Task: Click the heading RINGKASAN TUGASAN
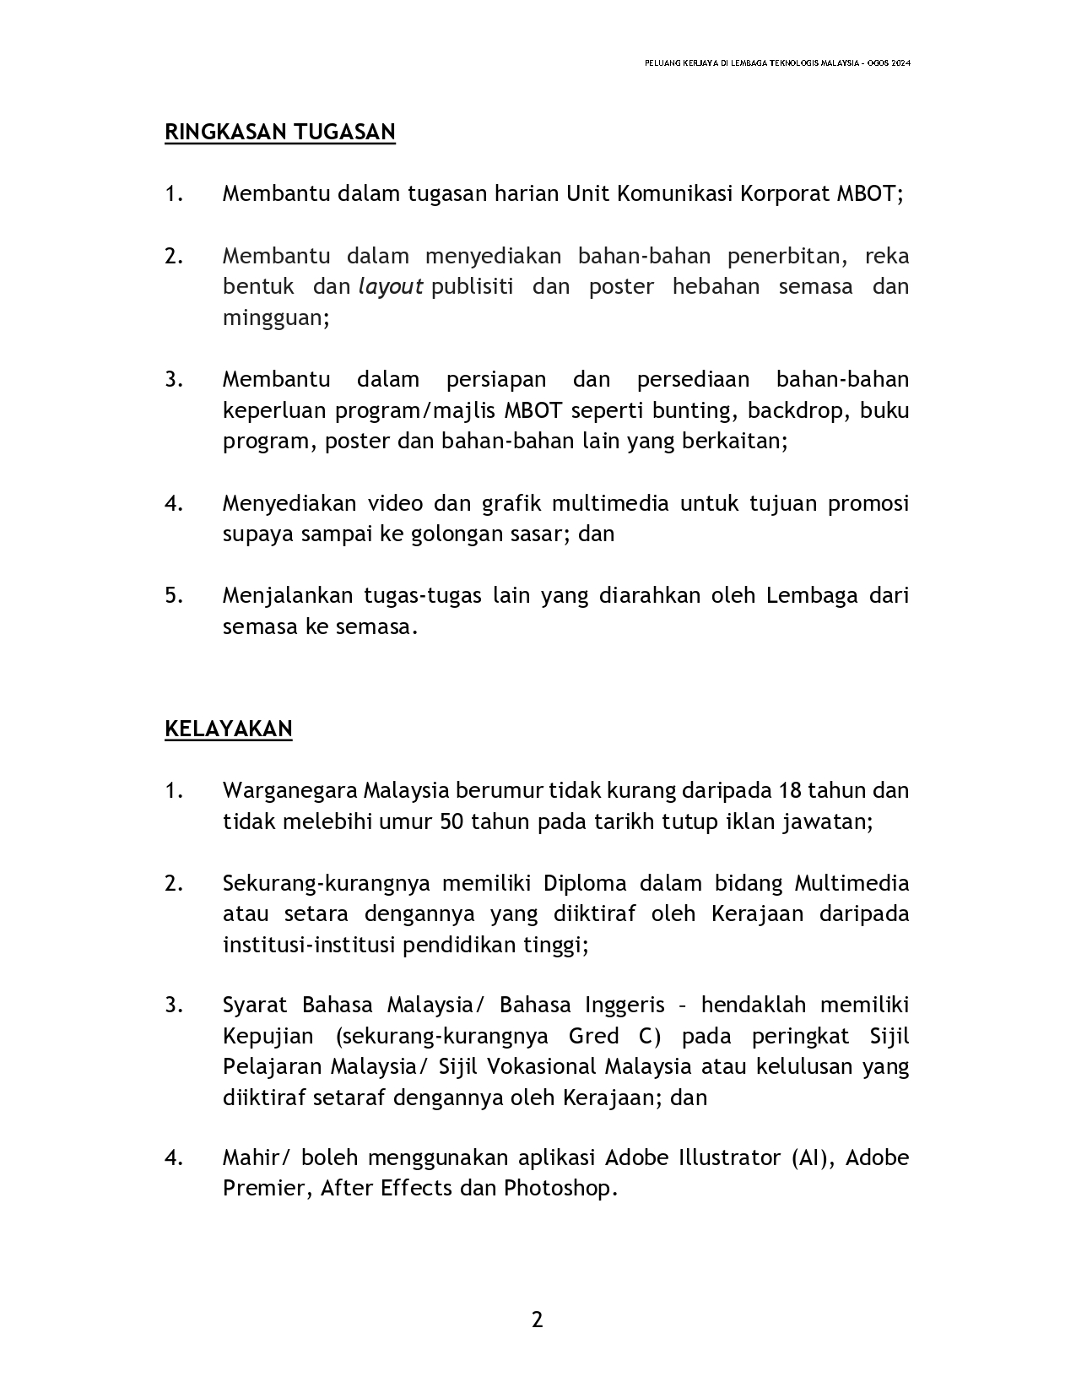pyautogui.click(x=279, y=133)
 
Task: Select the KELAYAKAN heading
pyautogui.click(x=228, y=729)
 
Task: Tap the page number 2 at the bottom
pyautogui.click(x=538, y=1320)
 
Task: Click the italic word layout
pyautogui.click(x=391, y=287)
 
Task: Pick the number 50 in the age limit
pyautogui.click(x=451, y=821)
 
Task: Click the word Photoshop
pyautogui.click(x=560, y=1188)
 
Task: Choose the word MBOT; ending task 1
pyautogui.click(x=869, y=194)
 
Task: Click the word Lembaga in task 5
pyautogui.click(x=800, y=595)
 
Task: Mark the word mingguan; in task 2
pyautogui.click(x=276, y=318)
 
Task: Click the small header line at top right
pyautogui.click(x=776, y=63)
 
